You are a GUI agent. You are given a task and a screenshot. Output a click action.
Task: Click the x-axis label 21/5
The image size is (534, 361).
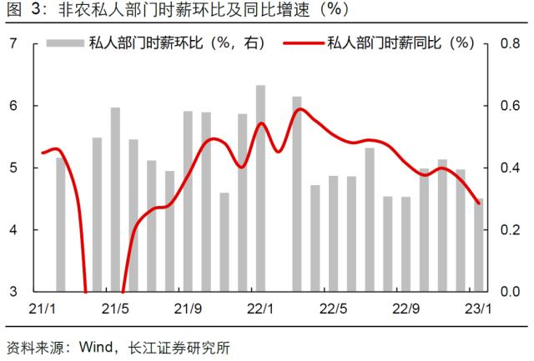115,309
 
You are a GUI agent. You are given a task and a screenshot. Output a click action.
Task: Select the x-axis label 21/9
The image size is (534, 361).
189,309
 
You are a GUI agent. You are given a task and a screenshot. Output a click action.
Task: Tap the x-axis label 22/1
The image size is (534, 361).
261,309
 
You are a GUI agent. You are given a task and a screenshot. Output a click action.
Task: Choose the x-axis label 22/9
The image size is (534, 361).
406,309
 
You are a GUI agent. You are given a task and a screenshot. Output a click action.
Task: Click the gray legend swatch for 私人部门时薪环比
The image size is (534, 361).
64,43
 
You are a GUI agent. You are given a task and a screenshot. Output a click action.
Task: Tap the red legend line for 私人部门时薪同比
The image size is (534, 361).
301,43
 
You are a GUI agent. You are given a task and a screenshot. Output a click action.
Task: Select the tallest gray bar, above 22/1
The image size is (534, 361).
261,188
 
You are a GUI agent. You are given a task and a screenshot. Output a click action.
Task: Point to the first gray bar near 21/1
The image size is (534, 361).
61,225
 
